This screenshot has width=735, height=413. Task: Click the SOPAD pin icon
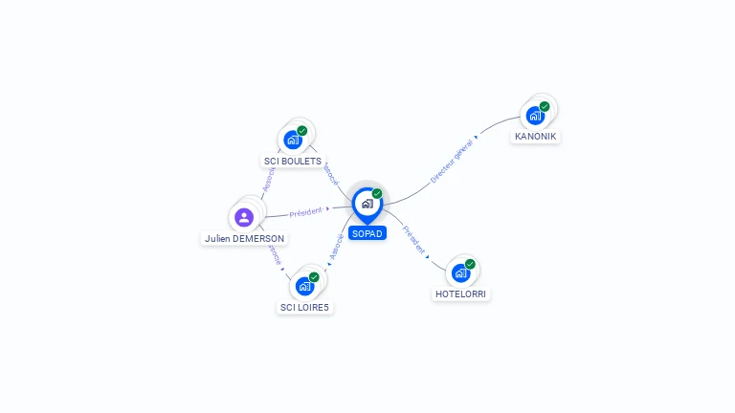367,204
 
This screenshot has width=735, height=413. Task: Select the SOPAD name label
367,233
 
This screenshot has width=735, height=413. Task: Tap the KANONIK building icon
534,116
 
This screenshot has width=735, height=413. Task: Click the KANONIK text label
535,137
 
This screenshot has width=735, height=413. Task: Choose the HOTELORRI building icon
460,273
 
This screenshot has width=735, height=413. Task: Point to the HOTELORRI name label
461,294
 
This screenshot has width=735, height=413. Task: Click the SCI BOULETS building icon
292,140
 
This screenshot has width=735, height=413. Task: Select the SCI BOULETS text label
293,162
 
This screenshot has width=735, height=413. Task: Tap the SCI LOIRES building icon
304,286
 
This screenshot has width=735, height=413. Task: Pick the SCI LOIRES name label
304,308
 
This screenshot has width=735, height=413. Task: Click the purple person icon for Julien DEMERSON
244,217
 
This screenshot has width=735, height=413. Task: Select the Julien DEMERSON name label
244,238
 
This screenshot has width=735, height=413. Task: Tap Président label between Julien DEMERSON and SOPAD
305,211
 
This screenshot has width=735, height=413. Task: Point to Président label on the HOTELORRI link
413,239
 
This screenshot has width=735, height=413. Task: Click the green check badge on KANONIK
545,106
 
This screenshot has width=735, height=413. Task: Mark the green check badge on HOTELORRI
470,264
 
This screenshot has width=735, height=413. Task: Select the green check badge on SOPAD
377,193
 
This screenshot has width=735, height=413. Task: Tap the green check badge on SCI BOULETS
302,130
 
